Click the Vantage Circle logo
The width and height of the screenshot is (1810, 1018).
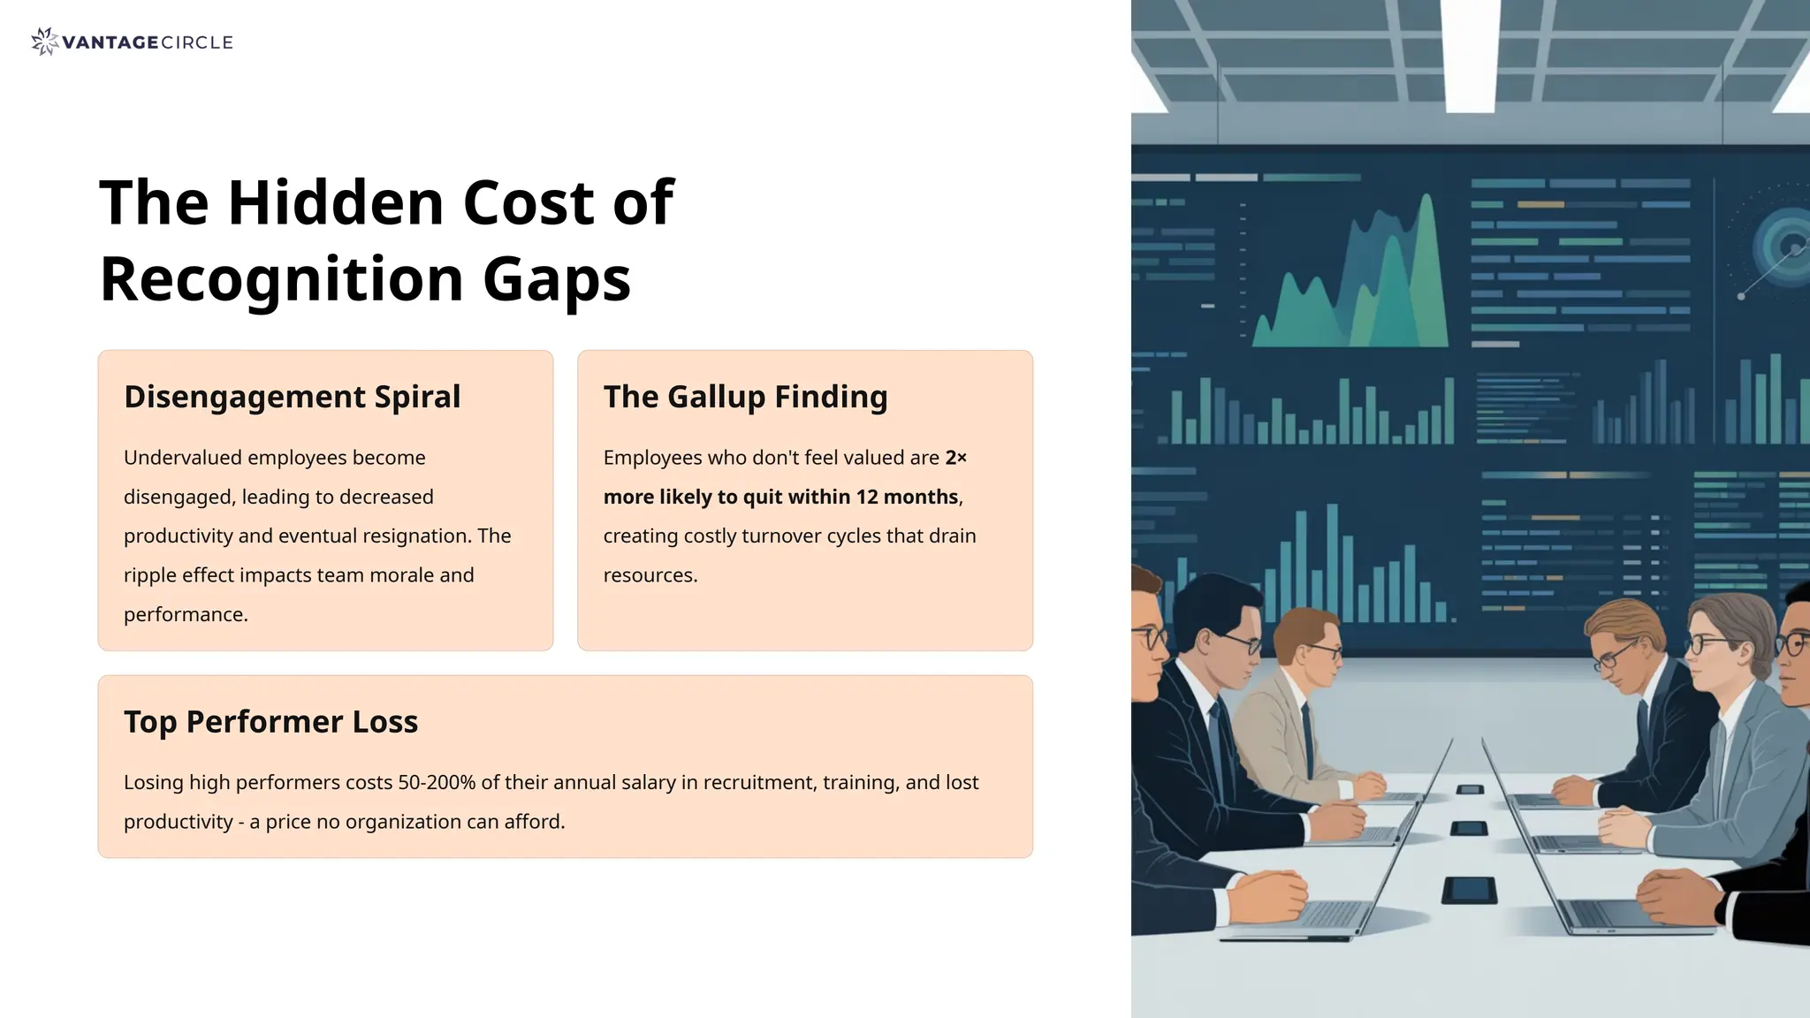click(132, 42)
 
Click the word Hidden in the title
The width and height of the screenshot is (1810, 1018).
click(335, 203)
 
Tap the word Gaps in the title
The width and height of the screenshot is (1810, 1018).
click(556, 279)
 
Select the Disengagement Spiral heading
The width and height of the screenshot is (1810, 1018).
click(292, 397)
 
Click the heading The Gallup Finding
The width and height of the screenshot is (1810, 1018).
click(745, 397)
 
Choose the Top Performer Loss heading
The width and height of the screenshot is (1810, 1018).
click(270, 722)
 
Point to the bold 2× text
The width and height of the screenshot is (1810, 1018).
click(955, 458)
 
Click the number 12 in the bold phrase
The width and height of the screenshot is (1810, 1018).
click(866, 497)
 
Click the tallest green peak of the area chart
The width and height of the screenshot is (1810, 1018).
click(1426, 203)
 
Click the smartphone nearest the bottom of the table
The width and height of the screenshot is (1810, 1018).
click(1469, 889)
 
